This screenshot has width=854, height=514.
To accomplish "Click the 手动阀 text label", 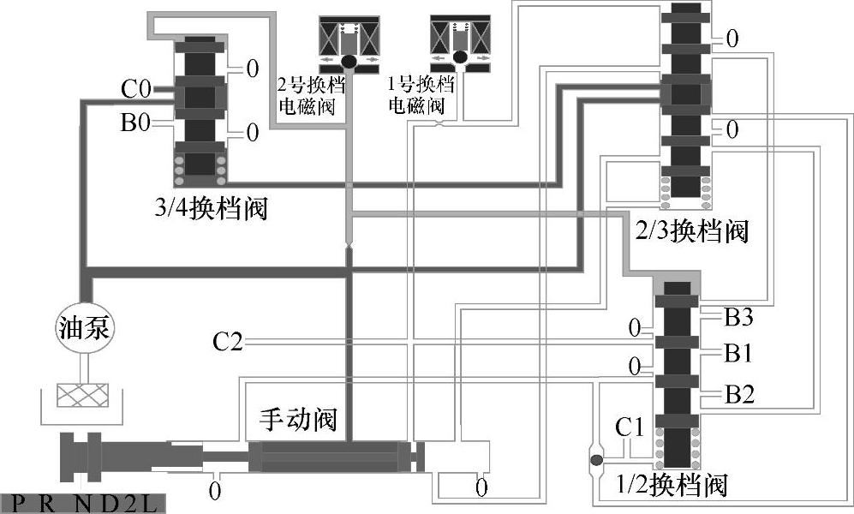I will [297, 420].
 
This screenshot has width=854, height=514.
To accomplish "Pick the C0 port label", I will [136, 88].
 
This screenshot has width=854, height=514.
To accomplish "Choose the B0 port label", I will [135, 124].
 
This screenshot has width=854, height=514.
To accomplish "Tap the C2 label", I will [227, 344].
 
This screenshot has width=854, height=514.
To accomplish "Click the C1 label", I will [630, 426].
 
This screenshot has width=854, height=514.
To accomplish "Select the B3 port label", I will [738, 318].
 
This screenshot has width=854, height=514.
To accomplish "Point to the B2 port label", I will [738, 395].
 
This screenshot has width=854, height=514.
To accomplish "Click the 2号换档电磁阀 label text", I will [306, 98].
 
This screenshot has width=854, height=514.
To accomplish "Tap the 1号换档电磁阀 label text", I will [416, 98].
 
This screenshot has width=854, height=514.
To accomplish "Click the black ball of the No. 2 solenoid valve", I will [349, 61].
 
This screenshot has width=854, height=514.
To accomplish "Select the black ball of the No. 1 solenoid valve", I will [459, 58].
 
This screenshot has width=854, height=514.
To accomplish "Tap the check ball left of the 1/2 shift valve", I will [595, 461].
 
